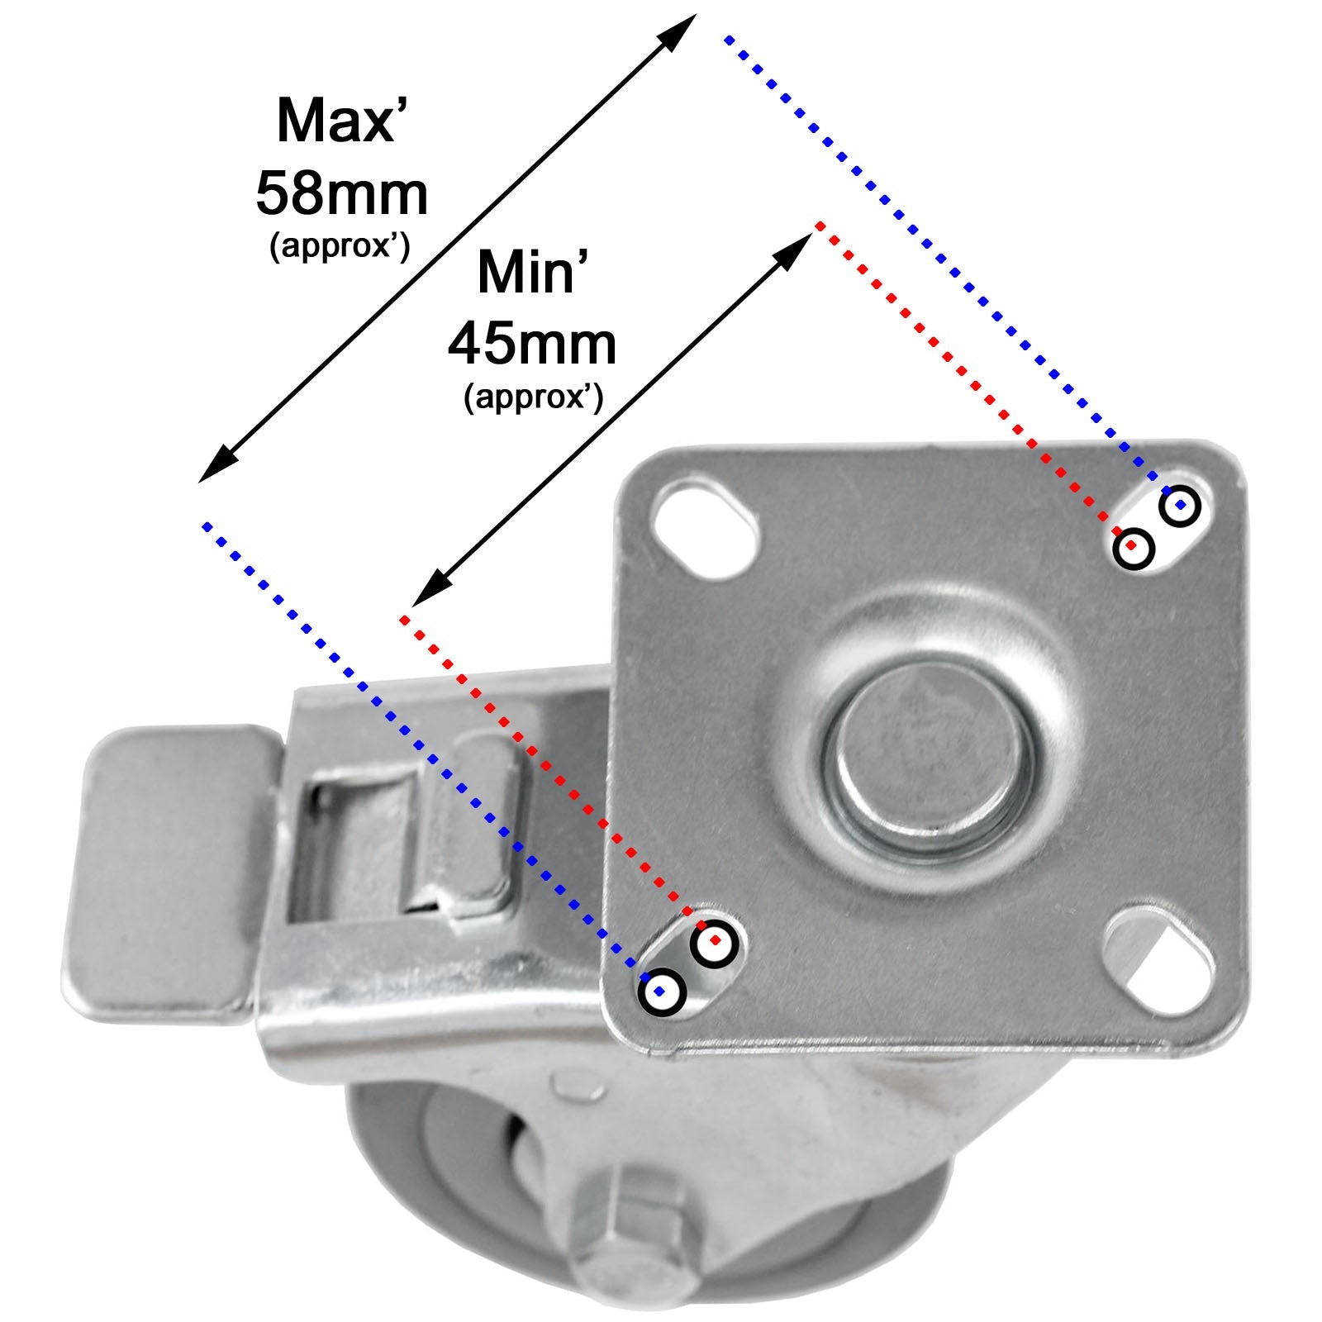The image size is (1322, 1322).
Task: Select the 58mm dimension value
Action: coord(342,194)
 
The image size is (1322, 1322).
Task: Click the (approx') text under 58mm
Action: coord(340,247)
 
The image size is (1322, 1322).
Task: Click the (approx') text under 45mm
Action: coord(534,397)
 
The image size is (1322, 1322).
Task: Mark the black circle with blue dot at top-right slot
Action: coord(1180,506)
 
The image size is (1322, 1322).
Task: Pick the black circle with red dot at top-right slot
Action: coord(1134,547)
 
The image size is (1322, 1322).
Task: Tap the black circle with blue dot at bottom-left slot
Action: coord(662,991)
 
